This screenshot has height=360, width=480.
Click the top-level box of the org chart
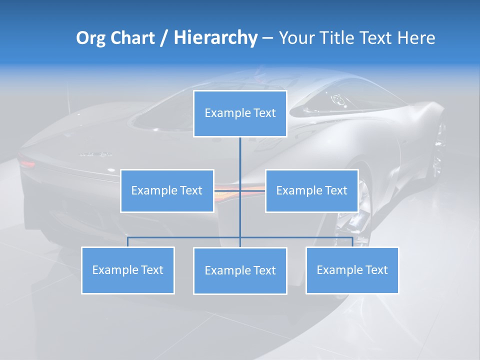click(x=240, y=113)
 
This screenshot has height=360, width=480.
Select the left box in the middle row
click(x=167, y=190)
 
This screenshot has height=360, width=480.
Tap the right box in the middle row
click(x=311, y=190)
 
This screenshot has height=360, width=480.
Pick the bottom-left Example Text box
click(x=127, y=270)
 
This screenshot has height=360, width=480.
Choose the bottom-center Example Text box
click(x=240, y=270)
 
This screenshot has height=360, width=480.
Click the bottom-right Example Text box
click(x=352, y=270)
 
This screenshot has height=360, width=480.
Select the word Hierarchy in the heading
click(x=215, y=38)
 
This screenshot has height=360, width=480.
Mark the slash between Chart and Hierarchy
click(x=164, y=38)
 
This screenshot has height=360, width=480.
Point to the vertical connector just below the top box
click(x=240, y=150)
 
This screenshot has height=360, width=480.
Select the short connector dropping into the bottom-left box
click(x=127, y=242)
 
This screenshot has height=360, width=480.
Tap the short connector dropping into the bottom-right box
click(x=352, y=242)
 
